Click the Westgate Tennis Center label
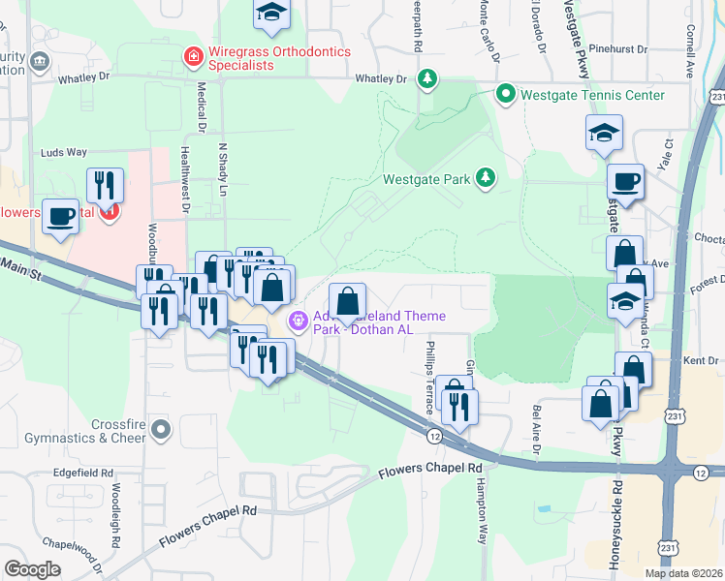click(x=592, y=95)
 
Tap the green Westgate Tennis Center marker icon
click(x=505, y=94)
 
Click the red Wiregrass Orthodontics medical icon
click(x=194, y=57)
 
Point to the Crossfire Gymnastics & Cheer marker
click(x=161, y=427)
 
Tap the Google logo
click(x=32, y=569)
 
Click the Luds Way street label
click(x=63, y=152)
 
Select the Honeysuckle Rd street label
click(x=614, y=519)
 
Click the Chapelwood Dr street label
click(x=75, y=555)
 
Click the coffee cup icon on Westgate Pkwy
click(x=625, y=181)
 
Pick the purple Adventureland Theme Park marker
click(x=298, y=318)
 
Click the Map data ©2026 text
click(x=682, y=573)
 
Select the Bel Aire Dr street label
click(x=535, y=429)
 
